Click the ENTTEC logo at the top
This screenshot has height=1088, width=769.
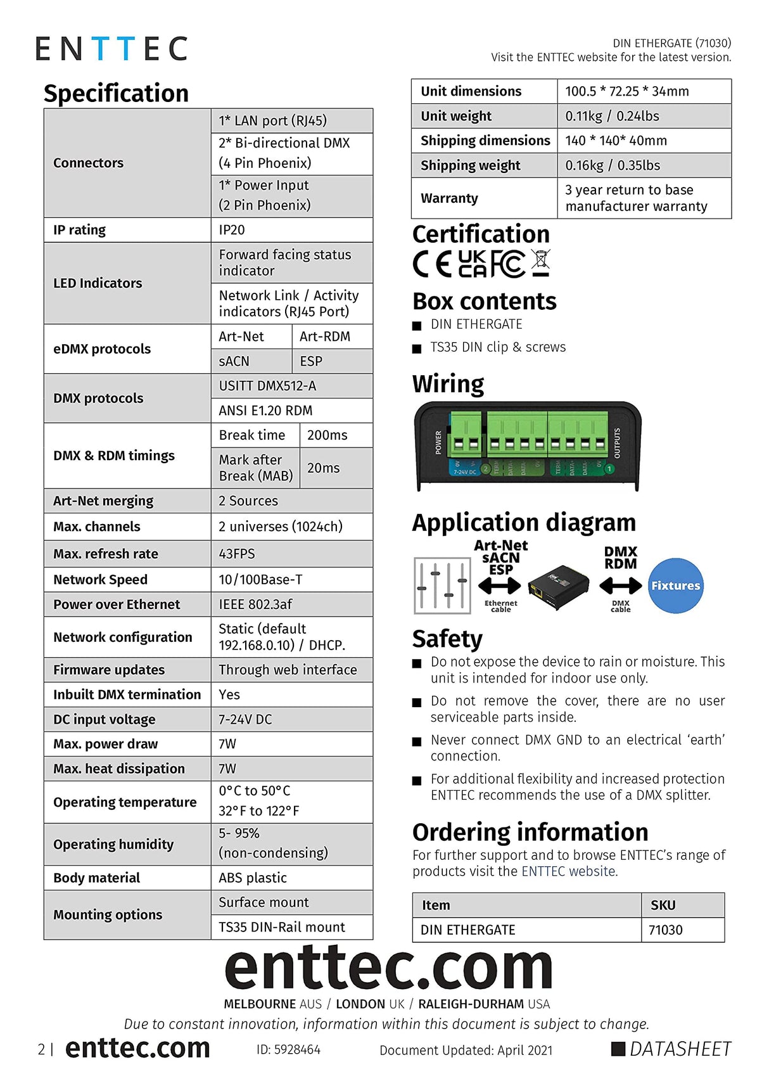pos(111,49)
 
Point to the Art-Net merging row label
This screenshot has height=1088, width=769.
pos(103,501)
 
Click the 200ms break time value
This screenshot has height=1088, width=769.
pos(327,435)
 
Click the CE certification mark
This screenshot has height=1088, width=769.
pos(432,264)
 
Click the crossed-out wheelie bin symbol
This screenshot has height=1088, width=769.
pos(540,263)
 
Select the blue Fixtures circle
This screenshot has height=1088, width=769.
pos(675,586)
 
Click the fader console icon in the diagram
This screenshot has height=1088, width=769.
pos(442,586)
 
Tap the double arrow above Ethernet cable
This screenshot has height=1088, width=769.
pos(500,586)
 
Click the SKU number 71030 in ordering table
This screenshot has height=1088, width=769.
pos(666,930)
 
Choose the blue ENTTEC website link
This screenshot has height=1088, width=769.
pos(568,871)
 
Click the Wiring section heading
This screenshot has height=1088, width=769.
pos(448,384)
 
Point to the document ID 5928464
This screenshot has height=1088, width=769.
pos(288,1050)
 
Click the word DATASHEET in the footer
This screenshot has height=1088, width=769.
pos(680,1049)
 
